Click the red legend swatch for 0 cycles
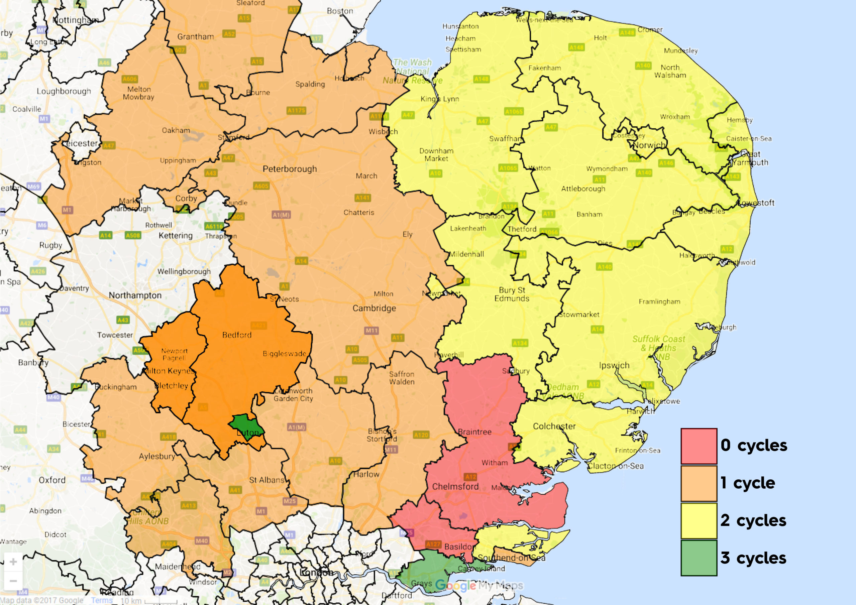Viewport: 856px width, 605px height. point(699,446)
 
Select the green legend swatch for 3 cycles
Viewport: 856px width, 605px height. point(699,558)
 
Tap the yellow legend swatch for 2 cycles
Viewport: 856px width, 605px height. point(699,520)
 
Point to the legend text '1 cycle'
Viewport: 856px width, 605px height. point(748,483)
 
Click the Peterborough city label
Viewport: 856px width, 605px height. point(290,169)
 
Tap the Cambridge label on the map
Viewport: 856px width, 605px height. point(374,308)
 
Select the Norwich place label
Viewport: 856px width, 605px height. point(649,145)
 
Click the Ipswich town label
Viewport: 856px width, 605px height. point(614,365)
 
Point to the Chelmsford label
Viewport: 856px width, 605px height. point(455,486)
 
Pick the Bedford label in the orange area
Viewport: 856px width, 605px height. point(237,335)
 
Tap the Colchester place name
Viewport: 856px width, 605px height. point(554,426)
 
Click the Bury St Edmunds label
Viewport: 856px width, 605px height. point(512,294)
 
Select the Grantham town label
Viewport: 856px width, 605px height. point(195,36)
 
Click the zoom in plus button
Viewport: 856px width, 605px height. point(13,562)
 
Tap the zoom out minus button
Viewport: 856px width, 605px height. point(13,581)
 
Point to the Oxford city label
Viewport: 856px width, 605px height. point(52,480)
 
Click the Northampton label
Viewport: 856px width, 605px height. point(135,295)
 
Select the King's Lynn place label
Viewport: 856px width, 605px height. point(440,99)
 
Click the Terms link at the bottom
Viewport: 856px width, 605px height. point(102,600)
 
